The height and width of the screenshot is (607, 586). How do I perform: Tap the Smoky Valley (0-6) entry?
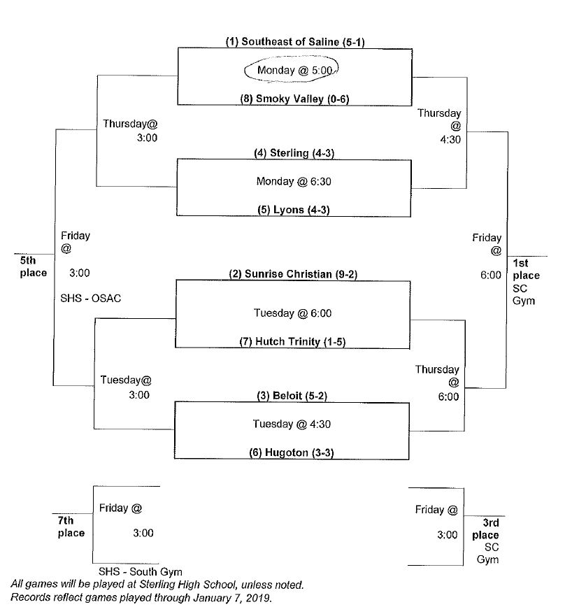pyautogui.click(x=294, y=99)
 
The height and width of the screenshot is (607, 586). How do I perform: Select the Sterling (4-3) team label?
pyautogui.click(x=292, y=153)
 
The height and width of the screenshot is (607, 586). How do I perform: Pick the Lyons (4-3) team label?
pyautogui.click(x=293, y=209)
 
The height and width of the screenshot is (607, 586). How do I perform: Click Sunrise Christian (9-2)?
pyautogui.click(x=293, y=274)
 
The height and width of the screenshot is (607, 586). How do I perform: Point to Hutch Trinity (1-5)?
pyautogui.click(x=293, y=342)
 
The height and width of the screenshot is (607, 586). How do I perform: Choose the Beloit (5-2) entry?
pyautogui.click(x=293, y=396)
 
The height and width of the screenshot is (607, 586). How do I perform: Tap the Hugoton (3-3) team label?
pyautogui.click(x=292, y=452)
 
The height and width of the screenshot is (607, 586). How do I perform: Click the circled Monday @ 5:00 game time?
pyautogui.click(x=292, y=71)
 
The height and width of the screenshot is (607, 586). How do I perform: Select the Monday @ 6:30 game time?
pyautogui.click(x=293, y=181)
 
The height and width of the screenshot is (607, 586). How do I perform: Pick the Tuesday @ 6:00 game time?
pyautogui.click(x=293, y=313)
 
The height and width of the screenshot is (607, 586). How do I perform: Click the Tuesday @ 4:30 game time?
pyautogui.click(x=293, y=423)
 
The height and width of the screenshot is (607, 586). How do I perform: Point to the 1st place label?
pyautogui.click(x=526, y=269)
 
